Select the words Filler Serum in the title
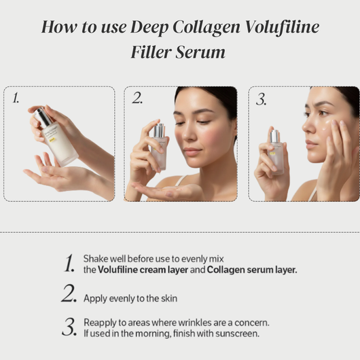179,52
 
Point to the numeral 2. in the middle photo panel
137,99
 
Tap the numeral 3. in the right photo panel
262,99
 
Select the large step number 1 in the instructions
69,264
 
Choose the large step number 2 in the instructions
69,295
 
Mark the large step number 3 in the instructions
69,327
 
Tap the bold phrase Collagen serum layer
252,270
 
